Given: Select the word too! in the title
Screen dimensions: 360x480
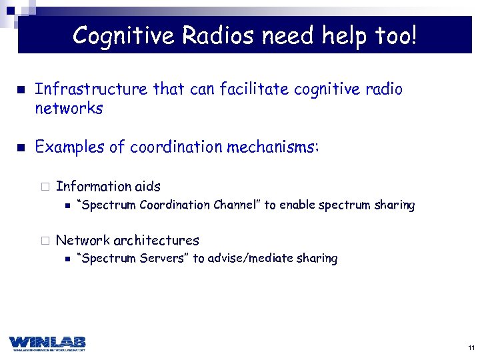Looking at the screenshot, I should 393,35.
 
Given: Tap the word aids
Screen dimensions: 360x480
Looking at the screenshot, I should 147,187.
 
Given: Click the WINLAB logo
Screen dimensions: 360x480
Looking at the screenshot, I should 47,343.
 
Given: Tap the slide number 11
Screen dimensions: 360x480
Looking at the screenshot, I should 471,348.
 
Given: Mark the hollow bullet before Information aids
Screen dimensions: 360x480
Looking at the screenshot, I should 44,187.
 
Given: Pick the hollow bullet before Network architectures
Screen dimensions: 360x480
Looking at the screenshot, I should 44,241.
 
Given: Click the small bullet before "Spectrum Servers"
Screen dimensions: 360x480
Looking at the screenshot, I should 65,259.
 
